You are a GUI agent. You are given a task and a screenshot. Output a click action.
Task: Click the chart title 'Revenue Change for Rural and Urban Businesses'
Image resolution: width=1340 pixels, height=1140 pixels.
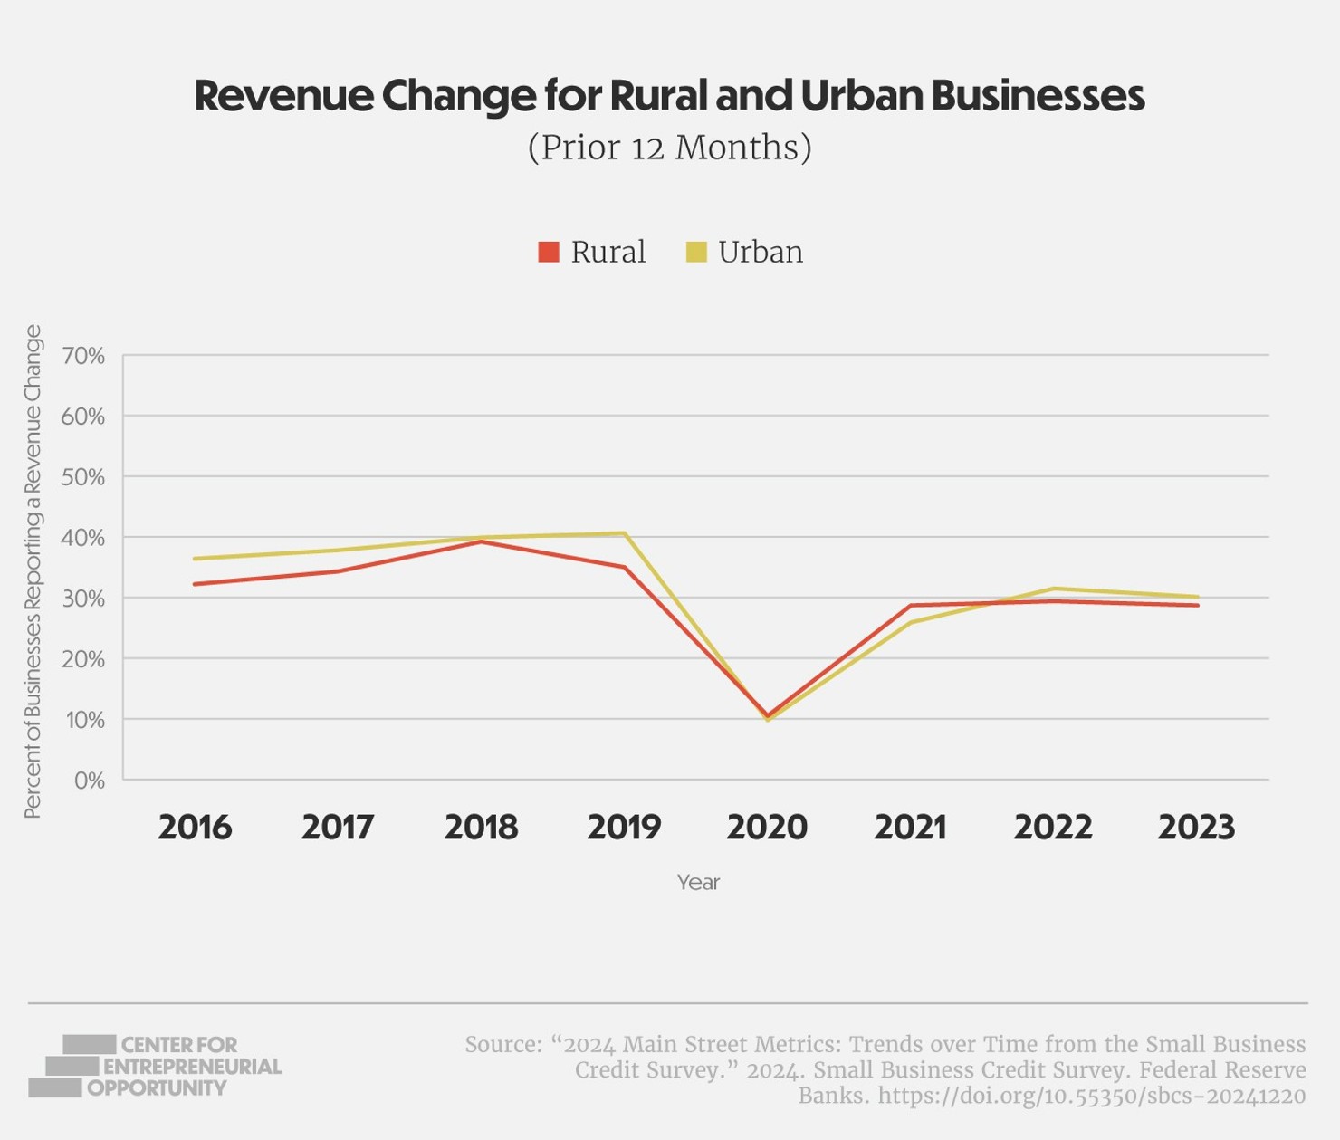coord(669,95)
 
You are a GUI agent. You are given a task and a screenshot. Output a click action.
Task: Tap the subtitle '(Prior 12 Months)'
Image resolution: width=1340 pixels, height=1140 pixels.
coord(669,147)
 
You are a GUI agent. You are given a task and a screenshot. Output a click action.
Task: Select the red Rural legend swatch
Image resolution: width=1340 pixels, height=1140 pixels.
coord(548,252)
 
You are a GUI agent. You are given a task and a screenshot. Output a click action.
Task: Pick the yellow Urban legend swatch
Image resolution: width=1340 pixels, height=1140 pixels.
coord(695,252)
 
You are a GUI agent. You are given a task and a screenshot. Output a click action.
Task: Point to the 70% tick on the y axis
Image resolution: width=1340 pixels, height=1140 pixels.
coord(83,356)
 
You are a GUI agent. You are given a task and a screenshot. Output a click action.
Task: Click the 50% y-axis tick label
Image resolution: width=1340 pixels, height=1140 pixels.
coord(83,477)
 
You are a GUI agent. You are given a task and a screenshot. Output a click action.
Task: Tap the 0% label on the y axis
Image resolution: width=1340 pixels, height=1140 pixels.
coord(89,781)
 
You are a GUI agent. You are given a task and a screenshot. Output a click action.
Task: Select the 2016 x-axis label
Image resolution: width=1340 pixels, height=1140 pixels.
coord(195,827)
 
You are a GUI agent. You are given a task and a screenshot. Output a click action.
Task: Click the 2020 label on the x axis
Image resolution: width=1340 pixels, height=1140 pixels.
coord(767,827)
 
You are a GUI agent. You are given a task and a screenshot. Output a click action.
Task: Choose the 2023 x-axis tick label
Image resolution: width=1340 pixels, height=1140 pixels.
coord(1196,827)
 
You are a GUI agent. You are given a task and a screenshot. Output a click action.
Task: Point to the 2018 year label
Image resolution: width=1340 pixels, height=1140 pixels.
coord(481,827)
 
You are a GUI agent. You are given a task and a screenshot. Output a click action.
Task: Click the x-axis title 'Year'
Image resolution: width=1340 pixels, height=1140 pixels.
coord(698,882)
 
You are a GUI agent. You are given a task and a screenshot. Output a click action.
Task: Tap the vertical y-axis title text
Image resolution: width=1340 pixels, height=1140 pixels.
coord(33,571)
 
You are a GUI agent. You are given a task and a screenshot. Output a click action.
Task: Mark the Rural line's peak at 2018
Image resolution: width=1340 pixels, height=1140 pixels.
coord(482,541)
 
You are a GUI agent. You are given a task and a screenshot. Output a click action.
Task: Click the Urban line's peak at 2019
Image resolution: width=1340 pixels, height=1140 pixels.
coord(625,533)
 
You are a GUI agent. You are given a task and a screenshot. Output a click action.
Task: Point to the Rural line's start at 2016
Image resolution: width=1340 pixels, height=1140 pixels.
coord(196,584)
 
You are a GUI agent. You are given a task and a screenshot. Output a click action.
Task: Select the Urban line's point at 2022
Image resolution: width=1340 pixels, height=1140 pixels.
coord(1054,589)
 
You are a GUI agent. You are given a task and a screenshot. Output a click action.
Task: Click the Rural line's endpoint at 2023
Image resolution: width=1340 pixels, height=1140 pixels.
coord(1197,605)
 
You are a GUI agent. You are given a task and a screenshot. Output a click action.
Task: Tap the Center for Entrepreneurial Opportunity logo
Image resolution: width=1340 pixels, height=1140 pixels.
coord(155,1066)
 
